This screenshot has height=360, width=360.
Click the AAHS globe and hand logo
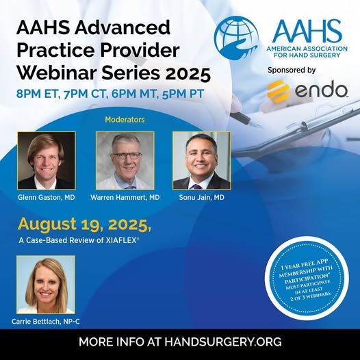237,38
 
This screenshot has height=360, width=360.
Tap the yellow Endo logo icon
279,91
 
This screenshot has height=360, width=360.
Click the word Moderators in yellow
125,119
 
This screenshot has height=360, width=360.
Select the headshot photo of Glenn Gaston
47,160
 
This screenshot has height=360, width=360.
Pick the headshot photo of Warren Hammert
125,160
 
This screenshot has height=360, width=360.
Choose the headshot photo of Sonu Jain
202,160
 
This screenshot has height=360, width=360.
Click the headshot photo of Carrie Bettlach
46,285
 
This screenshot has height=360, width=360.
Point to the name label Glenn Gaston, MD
47,197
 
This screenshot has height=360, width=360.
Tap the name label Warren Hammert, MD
125,197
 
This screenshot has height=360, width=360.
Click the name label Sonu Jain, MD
202,197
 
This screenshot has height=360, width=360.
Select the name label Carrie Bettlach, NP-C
46,322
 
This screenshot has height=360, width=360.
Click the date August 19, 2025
84,224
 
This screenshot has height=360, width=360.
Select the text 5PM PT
183,94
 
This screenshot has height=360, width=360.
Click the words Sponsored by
292,70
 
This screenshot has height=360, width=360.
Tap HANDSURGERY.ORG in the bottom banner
223,342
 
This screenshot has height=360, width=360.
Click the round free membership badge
307,279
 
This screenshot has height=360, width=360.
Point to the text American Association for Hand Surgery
307,52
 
